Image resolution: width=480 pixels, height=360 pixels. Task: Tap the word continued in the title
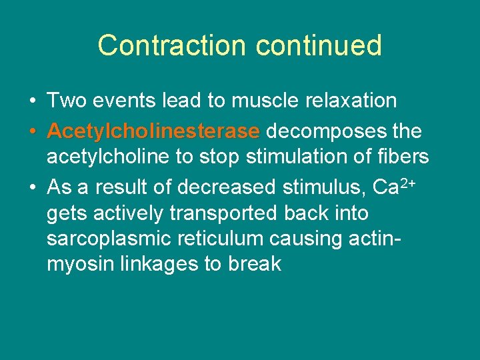click(318, 45)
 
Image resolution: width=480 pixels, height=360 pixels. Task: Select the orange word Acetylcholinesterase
click(153, 131)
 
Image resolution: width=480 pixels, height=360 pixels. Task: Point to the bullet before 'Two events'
click(33, 101)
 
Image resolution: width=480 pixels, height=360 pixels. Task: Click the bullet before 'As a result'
click(33, 188)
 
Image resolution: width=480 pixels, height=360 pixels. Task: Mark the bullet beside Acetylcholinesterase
click(33, 132)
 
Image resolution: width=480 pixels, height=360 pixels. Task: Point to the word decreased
click(227, 188)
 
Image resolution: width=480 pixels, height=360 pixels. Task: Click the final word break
click(254, 264)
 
